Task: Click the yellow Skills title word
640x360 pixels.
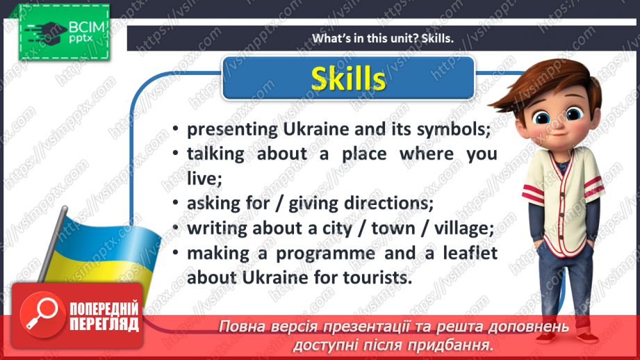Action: tap(348, 78)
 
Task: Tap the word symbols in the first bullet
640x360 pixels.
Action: tap(453, 130)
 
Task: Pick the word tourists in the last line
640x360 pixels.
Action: tap(377, 278)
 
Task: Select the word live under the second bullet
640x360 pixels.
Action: tap(204, 179)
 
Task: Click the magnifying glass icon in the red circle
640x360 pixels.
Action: tap(42, 314)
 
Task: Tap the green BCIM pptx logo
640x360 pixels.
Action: tap(64, 32)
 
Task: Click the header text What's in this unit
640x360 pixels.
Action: tap(365, 38)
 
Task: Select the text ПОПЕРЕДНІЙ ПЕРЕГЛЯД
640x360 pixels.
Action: tap(104, 316)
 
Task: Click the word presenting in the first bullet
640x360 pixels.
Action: tap(232, 130)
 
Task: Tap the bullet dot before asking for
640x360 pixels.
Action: tap(176, 203)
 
